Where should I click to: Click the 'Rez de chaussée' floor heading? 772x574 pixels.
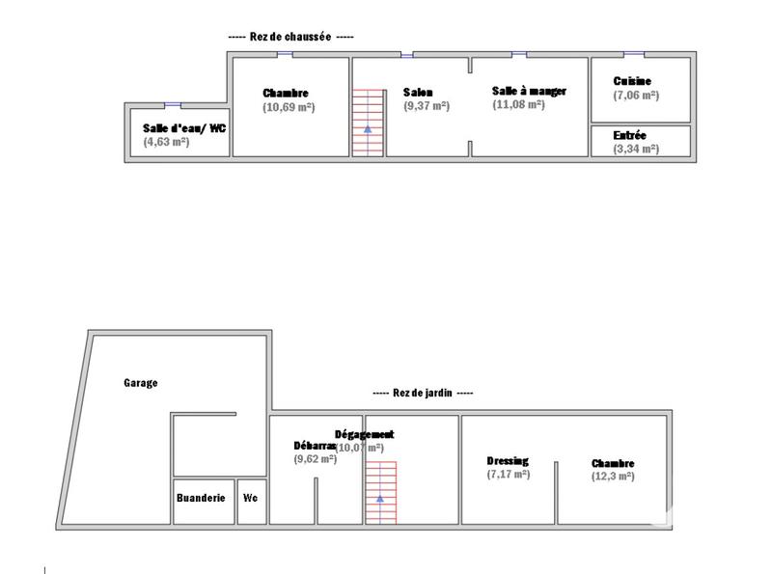[290, 37]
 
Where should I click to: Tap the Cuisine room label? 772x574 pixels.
[632, 82]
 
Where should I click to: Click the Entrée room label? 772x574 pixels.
[629, 136]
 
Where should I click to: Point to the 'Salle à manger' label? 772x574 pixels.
[529, 91]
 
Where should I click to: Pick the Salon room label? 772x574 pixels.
[418, 93]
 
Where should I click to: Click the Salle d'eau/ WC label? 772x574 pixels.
[185, 127]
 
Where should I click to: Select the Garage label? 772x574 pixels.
[140, 383]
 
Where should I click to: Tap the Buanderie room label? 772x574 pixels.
[201, 498]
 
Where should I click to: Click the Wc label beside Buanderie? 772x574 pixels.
[250, 498]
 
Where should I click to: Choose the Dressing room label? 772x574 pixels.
[508, 461]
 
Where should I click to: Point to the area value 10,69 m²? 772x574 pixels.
[289, 107]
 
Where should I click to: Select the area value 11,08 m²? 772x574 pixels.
[518, 104]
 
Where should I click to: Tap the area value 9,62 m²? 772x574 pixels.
[315, 460]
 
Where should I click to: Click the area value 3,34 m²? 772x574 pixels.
[636, 150]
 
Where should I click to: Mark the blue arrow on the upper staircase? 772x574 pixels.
[367, 127]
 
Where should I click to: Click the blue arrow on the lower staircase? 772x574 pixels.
[380, 499]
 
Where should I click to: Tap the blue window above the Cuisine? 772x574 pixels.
[633, 55]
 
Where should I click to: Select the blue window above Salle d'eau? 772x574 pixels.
[173, 104]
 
